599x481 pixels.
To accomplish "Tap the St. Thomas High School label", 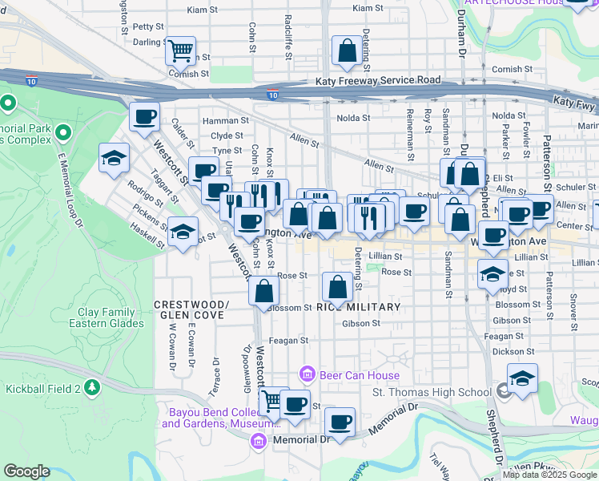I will click(432, 392).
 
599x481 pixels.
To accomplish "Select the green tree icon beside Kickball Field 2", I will click(93, 388).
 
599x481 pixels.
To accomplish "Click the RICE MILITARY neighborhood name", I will click(358, 307).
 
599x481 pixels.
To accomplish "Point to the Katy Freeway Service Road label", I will click(378, 80).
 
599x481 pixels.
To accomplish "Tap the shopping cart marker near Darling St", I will click(181, 50).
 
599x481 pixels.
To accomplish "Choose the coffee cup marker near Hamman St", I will click(145, 116).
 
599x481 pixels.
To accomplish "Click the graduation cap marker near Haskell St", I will click(183, 233).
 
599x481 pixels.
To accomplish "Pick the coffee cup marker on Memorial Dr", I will click(340, 422).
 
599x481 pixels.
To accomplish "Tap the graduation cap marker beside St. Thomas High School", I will click(522, 378).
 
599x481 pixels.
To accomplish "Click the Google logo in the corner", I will click(26, 471).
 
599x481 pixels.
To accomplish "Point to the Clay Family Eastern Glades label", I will click(111, 317).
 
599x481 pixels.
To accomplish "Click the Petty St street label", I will click(148, 26).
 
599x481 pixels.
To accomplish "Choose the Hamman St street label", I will click(222, 120).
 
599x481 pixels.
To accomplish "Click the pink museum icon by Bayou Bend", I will click(257, 440).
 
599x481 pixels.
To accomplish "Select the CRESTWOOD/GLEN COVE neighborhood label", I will click(191, 309).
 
